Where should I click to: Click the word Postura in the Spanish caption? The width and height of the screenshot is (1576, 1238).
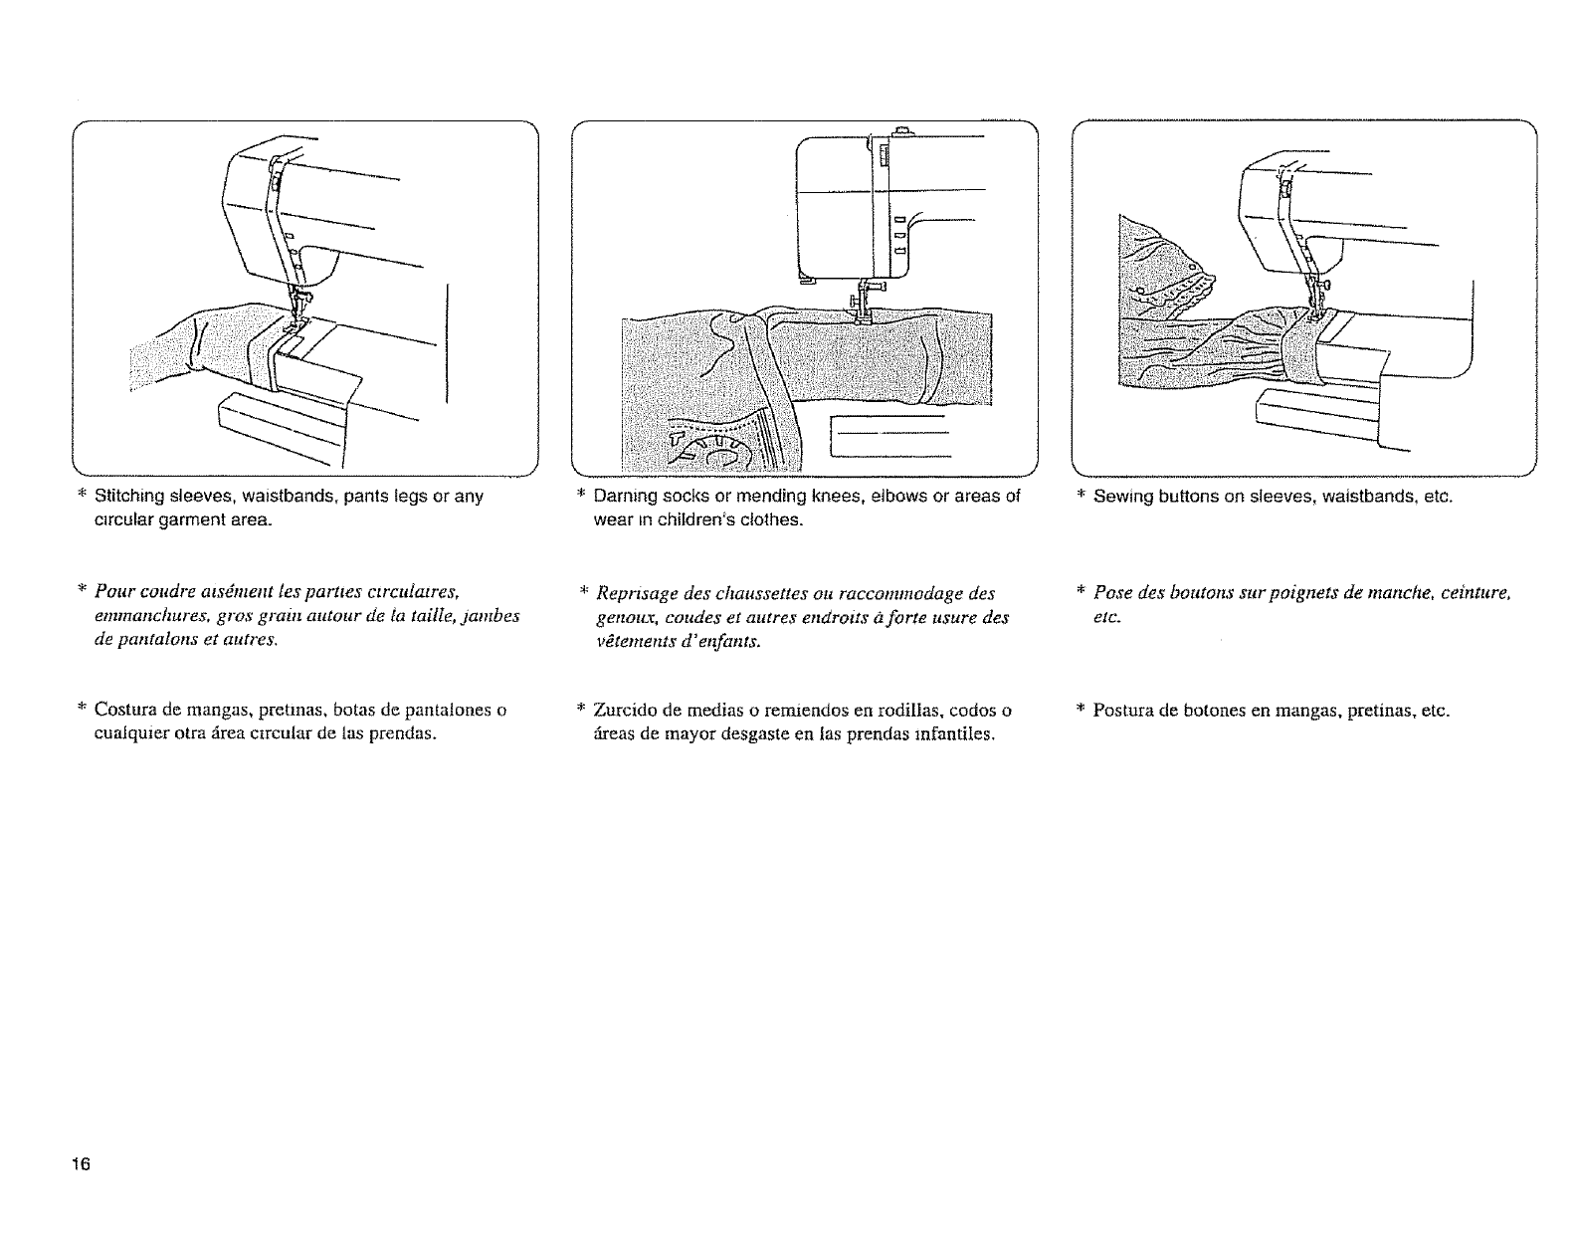(x=1120, y=711)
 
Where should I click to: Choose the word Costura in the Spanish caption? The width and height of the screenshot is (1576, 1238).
(x=125, y=711)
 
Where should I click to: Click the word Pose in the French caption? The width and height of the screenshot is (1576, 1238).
(x=1109, y=594)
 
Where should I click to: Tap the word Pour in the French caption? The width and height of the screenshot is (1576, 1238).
(x=114, y=594)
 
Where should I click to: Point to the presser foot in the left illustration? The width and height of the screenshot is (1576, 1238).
(x=296, y=320)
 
